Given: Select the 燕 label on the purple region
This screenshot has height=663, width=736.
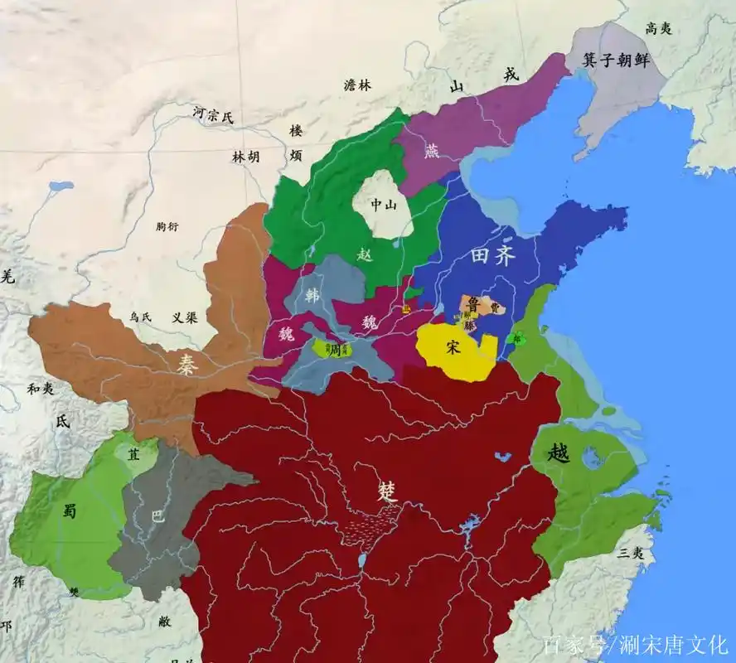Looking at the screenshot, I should pyautogui.click(x=432, y=152).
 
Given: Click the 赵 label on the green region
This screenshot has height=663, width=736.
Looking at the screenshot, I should pyautogui.click(x=366, y=254).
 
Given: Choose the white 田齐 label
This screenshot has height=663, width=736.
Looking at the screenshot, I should pyautogui.click(x=493, y=256).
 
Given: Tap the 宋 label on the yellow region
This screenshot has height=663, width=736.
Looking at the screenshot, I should pyautogui.click(x=453, y=347).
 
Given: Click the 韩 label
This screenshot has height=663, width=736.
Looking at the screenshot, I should pyautogui.click(x=312, y=297).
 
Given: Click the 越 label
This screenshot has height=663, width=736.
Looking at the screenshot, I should pyautogui.click(x=560, y=452).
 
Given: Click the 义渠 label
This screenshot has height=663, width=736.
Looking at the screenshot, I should pyautogui.click(x=184, y=317).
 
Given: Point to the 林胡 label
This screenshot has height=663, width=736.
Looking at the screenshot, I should pyautogui.click(x=245, y=156).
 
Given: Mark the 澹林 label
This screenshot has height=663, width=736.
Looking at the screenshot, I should pyautogui.click(x=358, y=85).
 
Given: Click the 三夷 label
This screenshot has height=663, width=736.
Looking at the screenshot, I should pyautogui.click(x=631, y=553).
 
